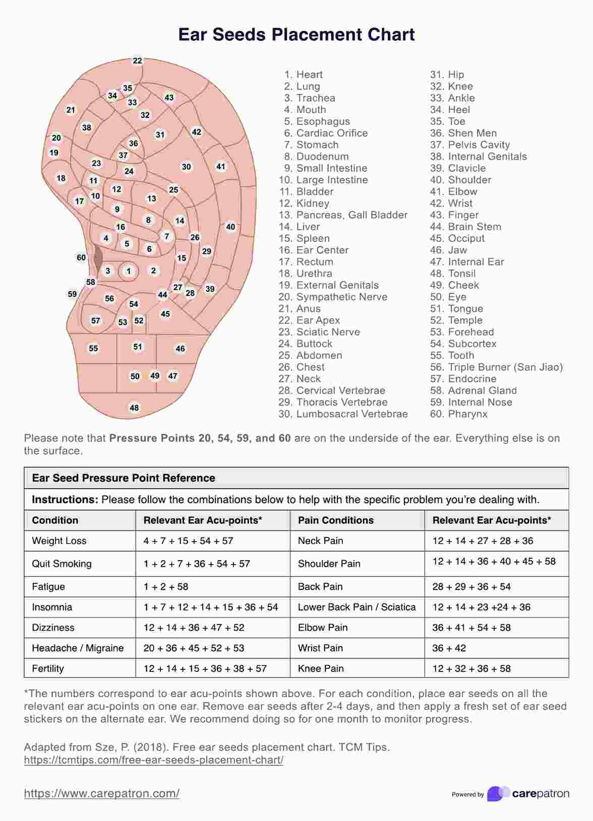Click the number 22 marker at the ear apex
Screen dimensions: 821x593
point(138,60)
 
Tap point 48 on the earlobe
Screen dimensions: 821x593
point(134,407)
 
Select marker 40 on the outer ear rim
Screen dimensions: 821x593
point(230,227)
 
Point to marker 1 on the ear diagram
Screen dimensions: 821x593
point(129,271)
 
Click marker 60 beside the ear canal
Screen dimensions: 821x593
point(81,257)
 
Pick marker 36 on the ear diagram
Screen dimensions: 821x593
point(133,143)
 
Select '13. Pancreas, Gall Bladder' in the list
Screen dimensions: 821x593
point(343,215)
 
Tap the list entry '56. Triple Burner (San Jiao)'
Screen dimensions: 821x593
point(496,367)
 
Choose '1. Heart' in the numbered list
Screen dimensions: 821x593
point(304,75)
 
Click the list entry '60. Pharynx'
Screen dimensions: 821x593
point(459,414)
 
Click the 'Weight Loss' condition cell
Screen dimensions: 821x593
point(59,541)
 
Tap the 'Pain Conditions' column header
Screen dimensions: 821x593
point(336,520)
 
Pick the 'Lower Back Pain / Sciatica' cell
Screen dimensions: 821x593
point(357,607)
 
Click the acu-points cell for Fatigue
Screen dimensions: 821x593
point(166,587)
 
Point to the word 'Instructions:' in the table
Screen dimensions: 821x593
point(65,500)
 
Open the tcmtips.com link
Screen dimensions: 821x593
point(153,760)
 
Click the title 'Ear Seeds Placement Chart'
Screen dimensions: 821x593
point(296,34)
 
